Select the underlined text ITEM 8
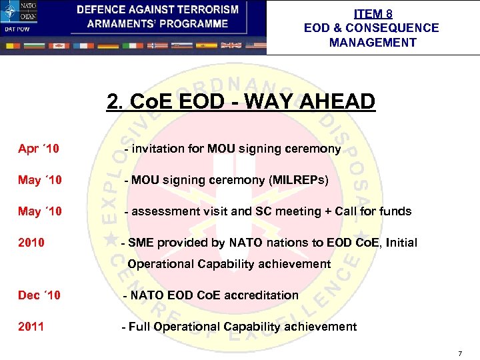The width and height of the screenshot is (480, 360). coord(372,14)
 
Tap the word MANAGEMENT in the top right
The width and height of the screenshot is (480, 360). coord(372,43)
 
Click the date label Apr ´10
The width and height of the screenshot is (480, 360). coord(39,149)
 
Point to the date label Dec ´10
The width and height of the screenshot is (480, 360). coord(39,295)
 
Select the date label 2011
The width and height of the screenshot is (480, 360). coord(31,327)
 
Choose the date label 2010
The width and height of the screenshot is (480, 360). coord(31,243)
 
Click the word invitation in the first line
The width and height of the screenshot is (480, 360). coord(158,149)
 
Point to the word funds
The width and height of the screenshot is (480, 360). coord(394,211)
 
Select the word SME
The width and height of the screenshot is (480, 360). coord(141,243)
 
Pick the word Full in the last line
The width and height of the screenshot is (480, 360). coord(140,327)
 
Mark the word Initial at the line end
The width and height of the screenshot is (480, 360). coord(399,243)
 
